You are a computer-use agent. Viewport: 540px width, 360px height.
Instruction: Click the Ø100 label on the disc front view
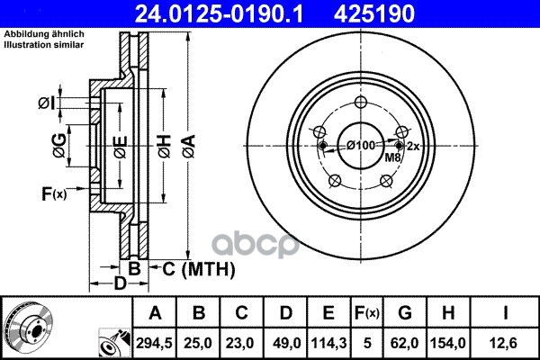click(x=360, y=146)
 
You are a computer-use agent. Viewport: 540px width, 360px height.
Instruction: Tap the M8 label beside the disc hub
click(x=393, y=158)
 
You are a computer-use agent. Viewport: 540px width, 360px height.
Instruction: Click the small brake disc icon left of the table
click(x=26, y=327)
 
